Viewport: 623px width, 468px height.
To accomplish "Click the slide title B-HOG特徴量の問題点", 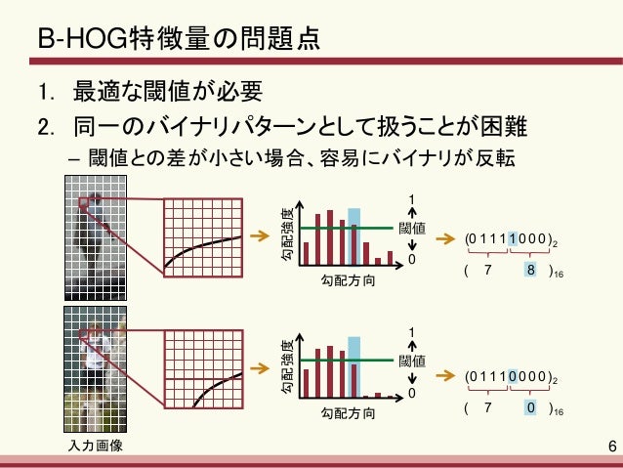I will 176,42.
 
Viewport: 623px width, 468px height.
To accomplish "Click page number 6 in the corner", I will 611,447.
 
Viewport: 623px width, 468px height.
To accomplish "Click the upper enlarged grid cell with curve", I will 202,235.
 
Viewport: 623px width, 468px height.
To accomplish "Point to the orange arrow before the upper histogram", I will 259,236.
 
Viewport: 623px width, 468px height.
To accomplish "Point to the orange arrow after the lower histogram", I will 444,372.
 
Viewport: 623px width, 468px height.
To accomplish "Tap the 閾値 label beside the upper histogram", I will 412,229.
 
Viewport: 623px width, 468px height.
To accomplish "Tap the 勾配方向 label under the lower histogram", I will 347,414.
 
